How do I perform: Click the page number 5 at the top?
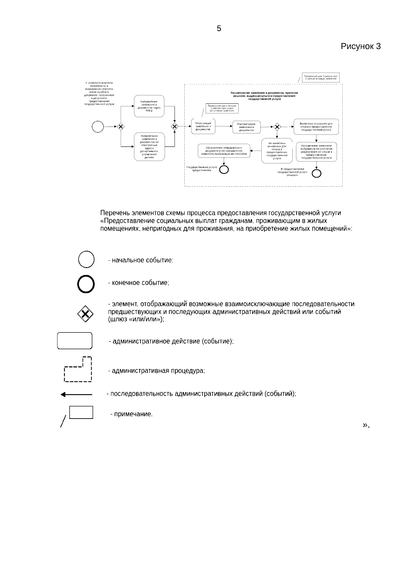click(219, 29)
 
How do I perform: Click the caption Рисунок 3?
click(360, 46)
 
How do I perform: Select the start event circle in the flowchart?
click(98, 126)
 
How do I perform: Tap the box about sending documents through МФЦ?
click(149, 106)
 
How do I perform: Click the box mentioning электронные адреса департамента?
click(149, 147)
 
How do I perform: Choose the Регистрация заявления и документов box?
click(203, 126)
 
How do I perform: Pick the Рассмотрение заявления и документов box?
click(246, 127)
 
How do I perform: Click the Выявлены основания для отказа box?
click(316, 127)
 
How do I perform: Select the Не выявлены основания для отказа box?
click(277, 151)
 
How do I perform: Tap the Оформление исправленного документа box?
click(224, 151)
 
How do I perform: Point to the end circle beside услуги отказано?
click(316, 173)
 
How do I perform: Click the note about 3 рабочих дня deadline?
click(321, 78)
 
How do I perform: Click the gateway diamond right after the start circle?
click(120, 126)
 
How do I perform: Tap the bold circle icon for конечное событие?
click(86, 284)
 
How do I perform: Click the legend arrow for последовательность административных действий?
click(76, 395)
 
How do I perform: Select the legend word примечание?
click(133, 415)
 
